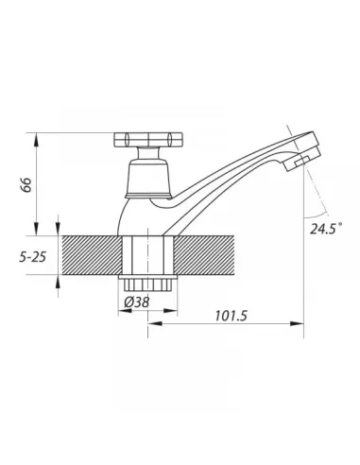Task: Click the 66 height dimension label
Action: [x=26, y=185]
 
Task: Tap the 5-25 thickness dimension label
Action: [x=33, y=257]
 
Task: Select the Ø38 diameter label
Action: [x=136, y=302]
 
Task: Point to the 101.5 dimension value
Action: [x=231, y=316]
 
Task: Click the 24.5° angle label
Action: [x=326, y=228]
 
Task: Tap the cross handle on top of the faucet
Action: [x=148, y=139]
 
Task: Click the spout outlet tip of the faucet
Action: [x=302, y=159]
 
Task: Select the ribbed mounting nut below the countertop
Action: [x=147, y=283]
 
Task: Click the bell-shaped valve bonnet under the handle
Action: [x=148, y=179]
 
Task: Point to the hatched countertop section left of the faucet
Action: [x=92, y=255]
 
